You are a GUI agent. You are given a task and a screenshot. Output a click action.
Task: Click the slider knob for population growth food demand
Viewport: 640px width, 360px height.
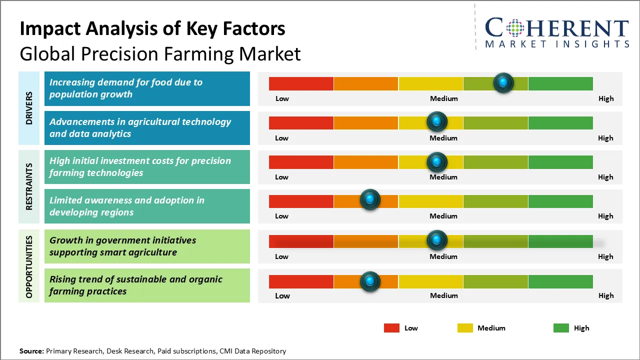(x=503, y=82)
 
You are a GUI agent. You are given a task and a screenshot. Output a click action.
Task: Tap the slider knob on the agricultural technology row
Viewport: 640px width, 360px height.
(x=437, y=121)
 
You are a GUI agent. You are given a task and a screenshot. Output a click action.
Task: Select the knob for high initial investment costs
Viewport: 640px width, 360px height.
(x=437, y=162)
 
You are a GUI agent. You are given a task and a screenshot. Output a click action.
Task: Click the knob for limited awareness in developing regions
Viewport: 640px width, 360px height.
(x=370, y=200)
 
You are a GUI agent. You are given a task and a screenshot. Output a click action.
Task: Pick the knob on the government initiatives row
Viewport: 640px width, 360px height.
(x=437, y=240)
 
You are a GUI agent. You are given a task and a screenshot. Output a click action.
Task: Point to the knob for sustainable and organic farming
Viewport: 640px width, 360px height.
(x=370, y=281)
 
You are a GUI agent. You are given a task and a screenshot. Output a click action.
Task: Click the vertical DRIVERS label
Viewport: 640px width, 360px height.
(x=29, y=108)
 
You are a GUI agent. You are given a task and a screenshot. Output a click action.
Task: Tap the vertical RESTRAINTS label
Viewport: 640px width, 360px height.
(x=29, y=186)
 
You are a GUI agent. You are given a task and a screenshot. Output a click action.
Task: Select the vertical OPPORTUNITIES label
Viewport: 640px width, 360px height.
(x=29, y=267)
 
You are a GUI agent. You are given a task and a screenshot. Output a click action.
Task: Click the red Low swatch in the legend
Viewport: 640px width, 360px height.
(x=391, y=328)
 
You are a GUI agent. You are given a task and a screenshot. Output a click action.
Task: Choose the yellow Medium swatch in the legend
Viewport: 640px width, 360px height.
(x=465, y=328)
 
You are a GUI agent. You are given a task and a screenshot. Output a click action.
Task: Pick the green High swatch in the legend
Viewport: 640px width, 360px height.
(x=561, y=328)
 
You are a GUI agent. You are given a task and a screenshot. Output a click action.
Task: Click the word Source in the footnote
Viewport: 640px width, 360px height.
(x=31, y=351)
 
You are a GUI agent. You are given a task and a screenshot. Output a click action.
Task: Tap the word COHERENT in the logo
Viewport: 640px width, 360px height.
(x=557, y=28)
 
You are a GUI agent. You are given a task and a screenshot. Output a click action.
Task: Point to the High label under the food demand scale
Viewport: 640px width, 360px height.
(x=606, y=98)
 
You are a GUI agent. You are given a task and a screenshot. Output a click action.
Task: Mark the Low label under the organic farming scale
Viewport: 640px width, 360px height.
(x=282, y=295)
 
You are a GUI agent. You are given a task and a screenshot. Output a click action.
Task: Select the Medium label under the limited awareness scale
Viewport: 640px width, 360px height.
(x=443, y=216)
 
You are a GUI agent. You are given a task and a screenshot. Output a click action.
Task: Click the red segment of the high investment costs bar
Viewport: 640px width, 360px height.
(x=301, y=162)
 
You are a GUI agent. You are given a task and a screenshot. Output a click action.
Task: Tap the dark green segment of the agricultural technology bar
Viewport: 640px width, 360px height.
(x=560, y=122)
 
